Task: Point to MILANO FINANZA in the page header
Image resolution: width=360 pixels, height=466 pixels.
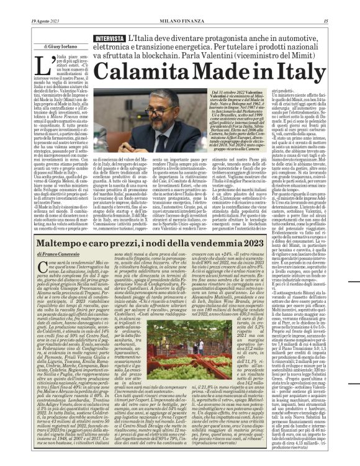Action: pyautogui.click(x=180, y=5)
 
